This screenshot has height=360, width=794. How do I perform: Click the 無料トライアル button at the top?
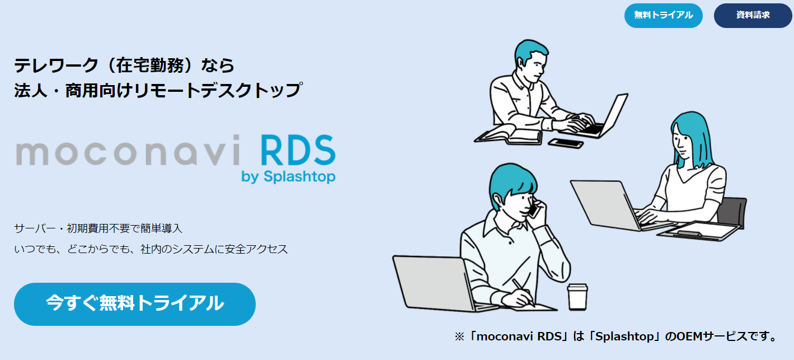(x=663, y=16)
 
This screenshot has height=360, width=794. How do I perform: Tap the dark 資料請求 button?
(x=753, y=16)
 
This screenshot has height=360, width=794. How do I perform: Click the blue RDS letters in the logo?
(x=298, y=150)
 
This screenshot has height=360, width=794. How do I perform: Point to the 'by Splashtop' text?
(x=288, y=176)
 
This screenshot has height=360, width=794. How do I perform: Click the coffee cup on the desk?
(x=577, y=297)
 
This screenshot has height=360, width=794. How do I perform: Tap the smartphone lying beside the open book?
(x=566, y=143)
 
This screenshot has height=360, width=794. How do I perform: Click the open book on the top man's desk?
(x=509, y=135)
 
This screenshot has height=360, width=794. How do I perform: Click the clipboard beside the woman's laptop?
(x=699, y=231)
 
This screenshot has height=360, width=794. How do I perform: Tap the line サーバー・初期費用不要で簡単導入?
(x=98, y=228)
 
